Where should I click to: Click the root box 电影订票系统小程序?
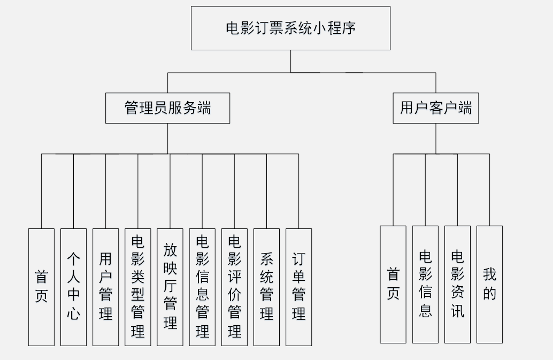290,28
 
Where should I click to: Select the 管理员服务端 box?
167,108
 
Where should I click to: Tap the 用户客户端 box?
435,108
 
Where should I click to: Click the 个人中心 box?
73,287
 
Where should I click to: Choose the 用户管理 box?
105,287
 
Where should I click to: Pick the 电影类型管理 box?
138,287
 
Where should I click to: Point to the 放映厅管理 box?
170,287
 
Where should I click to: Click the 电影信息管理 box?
202,287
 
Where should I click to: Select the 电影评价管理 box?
234,287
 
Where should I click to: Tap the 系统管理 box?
266,287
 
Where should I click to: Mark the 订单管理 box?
298,287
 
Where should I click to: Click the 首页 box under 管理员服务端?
41,287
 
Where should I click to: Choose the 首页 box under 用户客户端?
393,284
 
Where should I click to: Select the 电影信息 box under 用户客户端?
425,284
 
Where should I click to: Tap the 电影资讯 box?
457,284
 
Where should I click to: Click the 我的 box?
489,284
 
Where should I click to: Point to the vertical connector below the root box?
290,61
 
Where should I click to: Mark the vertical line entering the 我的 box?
489,190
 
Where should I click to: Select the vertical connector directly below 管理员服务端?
167,139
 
